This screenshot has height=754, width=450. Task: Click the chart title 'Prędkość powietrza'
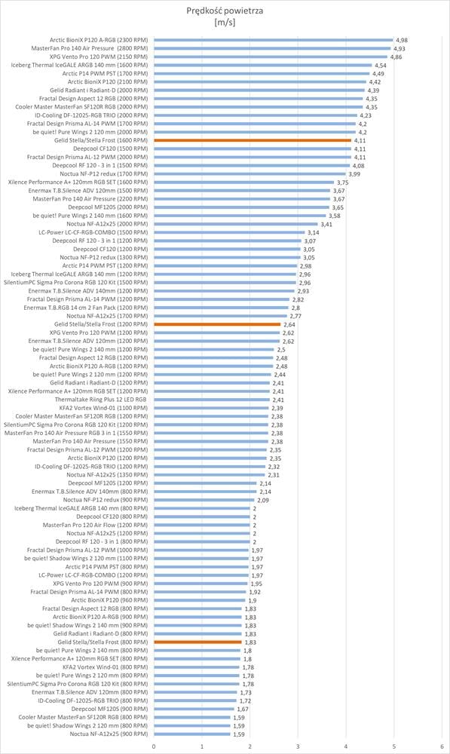coord(225,11)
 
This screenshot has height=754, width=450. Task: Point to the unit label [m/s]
coord(225,22)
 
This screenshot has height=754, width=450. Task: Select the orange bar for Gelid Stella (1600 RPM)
coord(253,140)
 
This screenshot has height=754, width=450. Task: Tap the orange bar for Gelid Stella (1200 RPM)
coord(217,324)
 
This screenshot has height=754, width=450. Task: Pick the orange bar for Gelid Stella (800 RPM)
coord(197,642)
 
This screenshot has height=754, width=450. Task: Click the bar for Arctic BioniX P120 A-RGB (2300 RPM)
coord(274,40)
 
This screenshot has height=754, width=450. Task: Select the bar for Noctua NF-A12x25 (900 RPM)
coord(191,734)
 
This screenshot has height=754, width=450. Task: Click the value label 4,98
coord(402,41)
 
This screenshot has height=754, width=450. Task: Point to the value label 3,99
coord(354,174)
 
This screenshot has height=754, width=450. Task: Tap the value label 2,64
coord(289,324)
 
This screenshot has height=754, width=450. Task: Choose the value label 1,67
coord(242,710)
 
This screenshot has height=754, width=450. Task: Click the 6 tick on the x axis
coord(442,746)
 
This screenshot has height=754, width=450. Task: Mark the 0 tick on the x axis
coord(154,746)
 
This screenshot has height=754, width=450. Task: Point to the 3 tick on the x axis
coord(298,746)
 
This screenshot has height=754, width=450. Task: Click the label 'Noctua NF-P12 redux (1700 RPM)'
coord(104,173)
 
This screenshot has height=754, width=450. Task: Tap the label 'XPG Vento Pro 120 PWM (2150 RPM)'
coord(99,57)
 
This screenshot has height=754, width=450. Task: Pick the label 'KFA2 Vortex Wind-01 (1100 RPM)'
coord(103,408)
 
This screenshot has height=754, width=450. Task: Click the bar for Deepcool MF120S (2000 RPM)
coord(241,207)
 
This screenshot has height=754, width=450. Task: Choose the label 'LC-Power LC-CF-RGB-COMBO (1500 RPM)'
coord(93,232)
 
